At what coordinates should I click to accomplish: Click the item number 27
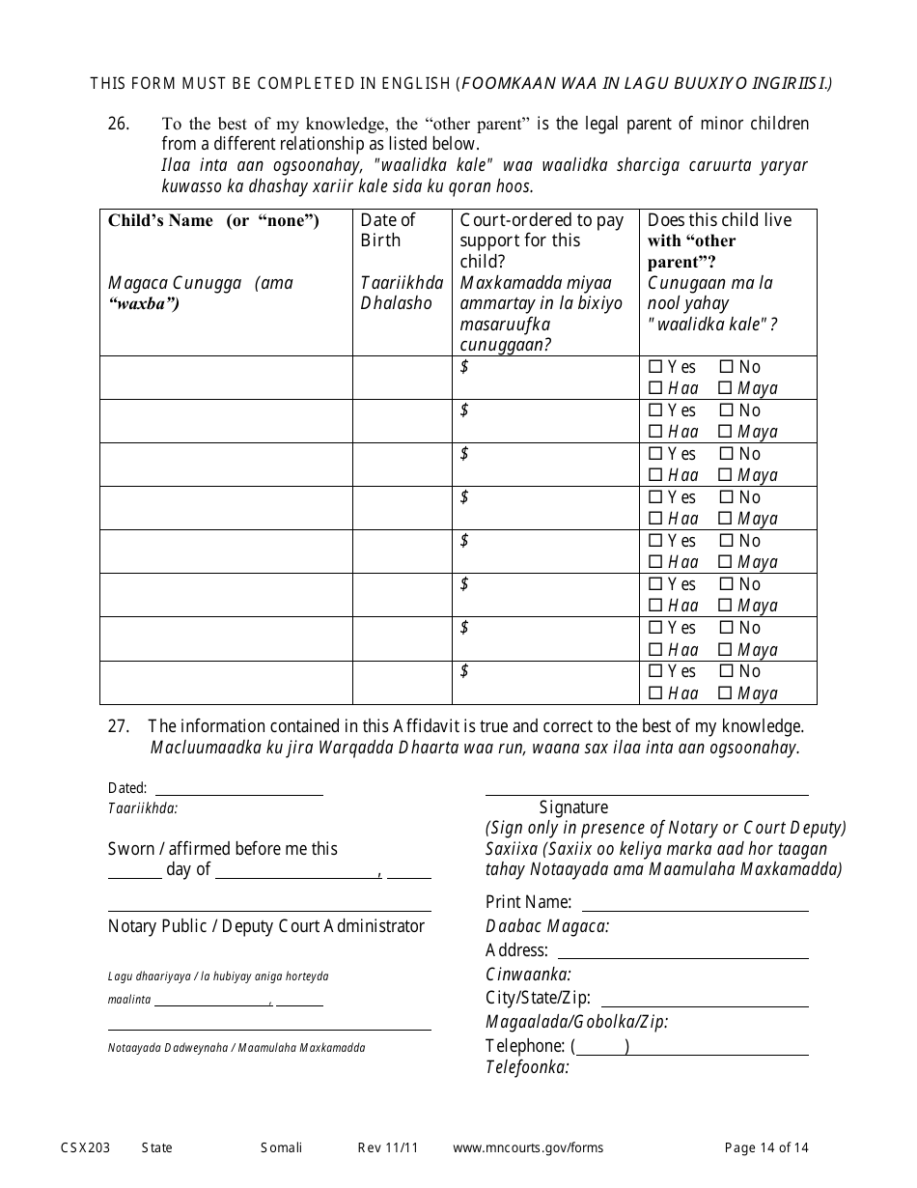pyautogui.click(x=117, y=726)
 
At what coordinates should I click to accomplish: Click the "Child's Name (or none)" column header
pyautogui.click(x=213, y=220)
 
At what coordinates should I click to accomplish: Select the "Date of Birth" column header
pyautogui.click(x=388, y=230)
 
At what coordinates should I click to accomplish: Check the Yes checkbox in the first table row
pyautogui.click(x=655, y=367)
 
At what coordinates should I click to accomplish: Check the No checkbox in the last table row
pyautogui.click(x=726, y=671)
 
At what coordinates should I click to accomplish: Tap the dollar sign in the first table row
pyautogui.click(x=465, y=366)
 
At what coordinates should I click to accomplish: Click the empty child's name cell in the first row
pyautogui.click(x=226, y=378)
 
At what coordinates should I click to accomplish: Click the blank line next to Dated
pyautogui.click(x=238, y=787)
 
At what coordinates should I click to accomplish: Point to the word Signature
pyautogui.click(x=573, y=807)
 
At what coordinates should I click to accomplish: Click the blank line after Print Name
pyautogui.click(x=694, y=903)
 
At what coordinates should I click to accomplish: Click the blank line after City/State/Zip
pyautogui.click(x=704, y=999)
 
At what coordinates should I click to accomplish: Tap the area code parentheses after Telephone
pyautogui.click(x=599, y=1046)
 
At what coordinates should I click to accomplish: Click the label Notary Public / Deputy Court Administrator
pyautogui.click(x=265, y=926)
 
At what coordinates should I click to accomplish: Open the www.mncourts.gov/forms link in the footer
pyautogui.click(x=528, y=1147)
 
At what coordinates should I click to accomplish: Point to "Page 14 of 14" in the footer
pyautogui.click(x=766, y=1147)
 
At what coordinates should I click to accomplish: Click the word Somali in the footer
pyautogui.click(x=281, y=1147)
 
